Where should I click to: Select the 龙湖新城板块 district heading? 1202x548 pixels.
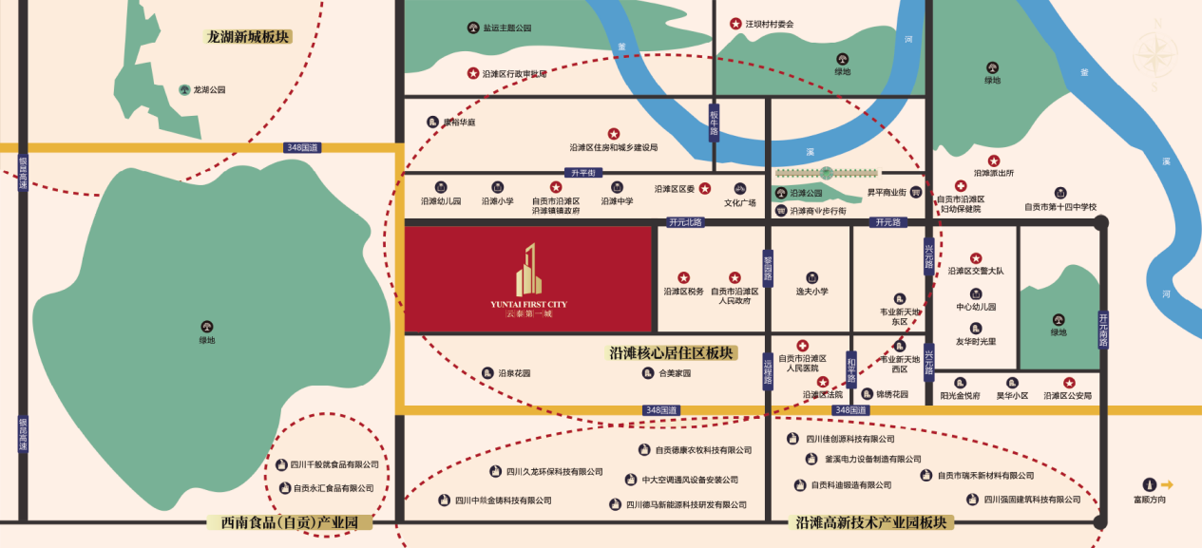pos(249,37)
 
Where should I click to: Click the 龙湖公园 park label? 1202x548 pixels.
pos(209,90)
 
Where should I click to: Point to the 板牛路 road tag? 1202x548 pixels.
pos(714,123)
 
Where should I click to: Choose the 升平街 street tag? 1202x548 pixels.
pos(582,173)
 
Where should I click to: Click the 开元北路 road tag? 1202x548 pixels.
pos(685,222)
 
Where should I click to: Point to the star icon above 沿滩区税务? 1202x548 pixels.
pos(683,277)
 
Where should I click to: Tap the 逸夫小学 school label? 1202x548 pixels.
pos(811,292)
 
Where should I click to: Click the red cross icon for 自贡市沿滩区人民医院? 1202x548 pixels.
pos(803,345)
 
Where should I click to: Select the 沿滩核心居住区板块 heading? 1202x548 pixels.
pos(671,353)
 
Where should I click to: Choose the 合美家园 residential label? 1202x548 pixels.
pos(675,373)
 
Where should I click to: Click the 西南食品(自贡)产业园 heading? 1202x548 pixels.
pos(289,522)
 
